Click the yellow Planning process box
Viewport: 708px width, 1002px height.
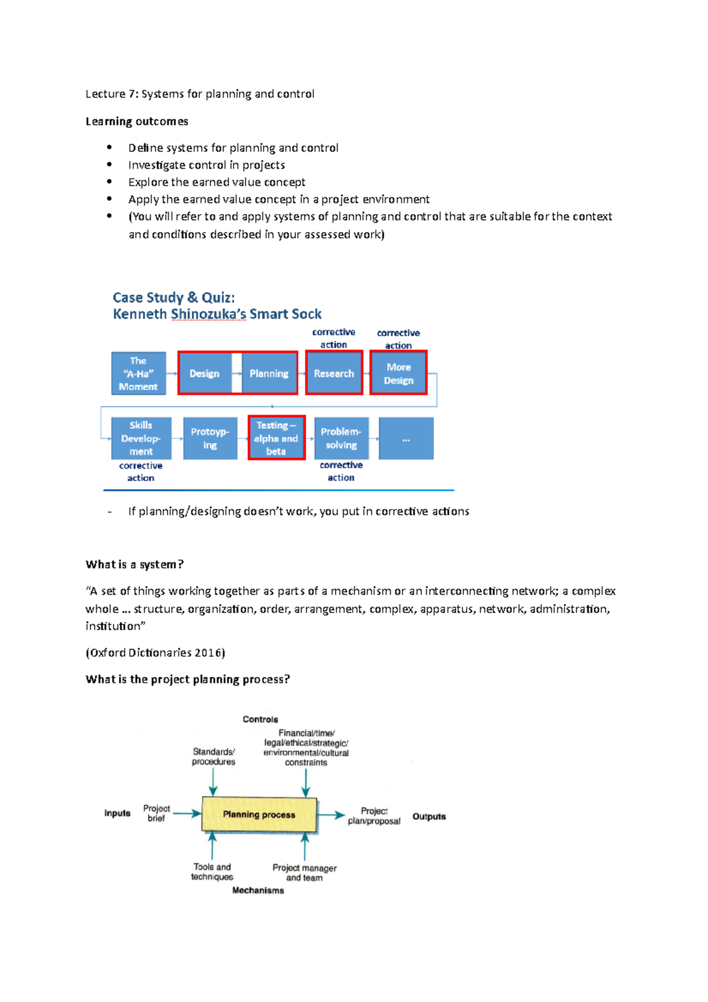(x=259, y=814)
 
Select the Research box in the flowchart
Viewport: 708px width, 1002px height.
(x=334, y=373)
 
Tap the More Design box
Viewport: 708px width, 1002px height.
(x=398, y=373)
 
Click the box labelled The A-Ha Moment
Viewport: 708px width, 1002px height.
(x=139, y=373)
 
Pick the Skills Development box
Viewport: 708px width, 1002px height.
(x=141, y=438)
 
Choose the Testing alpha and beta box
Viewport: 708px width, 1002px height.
(x=276, y=438)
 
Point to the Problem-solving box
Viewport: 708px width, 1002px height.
(x=341, y=438)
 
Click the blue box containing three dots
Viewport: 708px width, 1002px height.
(x=406, y=438)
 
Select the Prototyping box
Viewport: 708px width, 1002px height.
(x=210, y=438)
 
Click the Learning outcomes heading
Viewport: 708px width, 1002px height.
(x=137, y=122)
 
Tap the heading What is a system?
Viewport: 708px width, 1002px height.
(x=135, y=564)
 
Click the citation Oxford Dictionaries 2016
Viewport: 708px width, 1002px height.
(x=155, y=653)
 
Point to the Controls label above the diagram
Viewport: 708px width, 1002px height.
(x=260, y=719)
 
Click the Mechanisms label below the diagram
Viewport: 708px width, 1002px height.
(x=258, y=890)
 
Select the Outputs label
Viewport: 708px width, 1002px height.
(x=429, y=817)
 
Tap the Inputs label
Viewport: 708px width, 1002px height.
(x=117, y=813)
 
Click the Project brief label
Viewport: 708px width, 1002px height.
(x=156, y=813)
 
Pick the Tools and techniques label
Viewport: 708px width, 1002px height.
(x=212, y=872)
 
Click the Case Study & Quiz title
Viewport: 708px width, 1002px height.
(x=173, y=297)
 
